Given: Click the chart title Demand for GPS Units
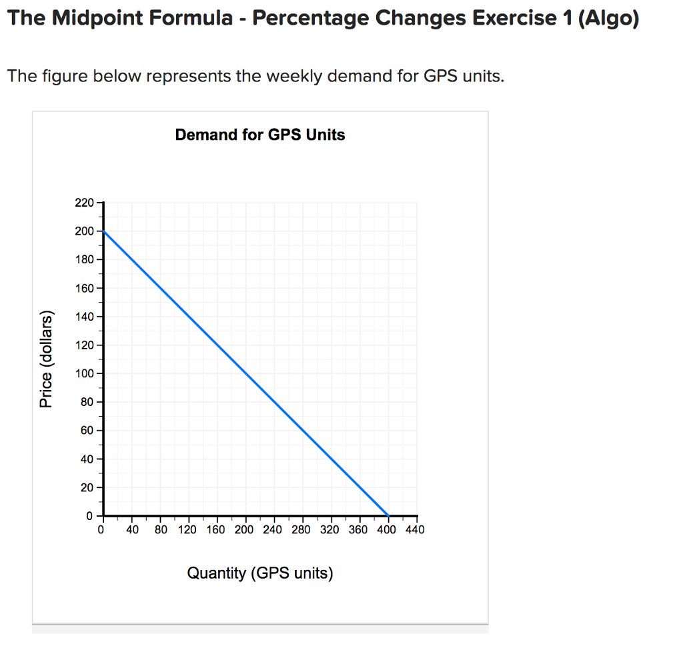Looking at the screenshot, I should tap(260, 135).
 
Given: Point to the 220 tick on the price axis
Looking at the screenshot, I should tap(85, 202).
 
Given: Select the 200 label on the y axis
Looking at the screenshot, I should tap(85, 231).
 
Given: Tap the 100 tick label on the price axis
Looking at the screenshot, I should tap(85, 373).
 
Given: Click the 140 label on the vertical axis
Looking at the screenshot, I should tap(85, 316).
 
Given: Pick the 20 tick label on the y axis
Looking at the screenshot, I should tap(87, 488).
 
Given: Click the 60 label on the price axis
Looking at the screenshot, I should tap(87, 431).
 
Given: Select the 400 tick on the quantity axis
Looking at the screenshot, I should tap(387, 531).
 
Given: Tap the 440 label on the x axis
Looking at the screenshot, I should tap(415, 531).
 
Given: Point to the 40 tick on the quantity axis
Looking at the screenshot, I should tap(132, 531).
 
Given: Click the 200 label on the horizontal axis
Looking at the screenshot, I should tap(244, 531).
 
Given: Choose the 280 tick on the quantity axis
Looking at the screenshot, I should tap(301, 531).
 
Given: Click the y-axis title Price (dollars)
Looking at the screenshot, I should tap(45, 359).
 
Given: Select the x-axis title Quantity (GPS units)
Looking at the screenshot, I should tap(260, 573).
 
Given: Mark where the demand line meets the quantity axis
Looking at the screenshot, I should tap(388, 516).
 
